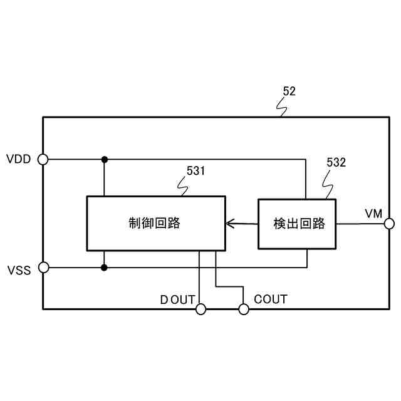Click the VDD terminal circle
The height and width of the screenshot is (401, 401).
tap(43, 159)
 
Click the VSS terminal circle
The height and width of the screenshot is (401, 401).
tap(43, 268)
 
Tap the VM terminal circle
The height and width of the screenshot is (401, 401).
tap(389, 223)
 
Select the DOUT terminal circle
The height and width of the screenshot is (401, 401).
tap(201, 309)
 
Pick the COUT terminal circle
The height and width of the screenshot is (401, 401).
tap(244, 309)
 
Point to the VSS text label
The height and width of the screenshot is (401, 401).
tap(19, 271)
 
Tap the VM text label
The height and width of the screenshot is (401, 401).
tap(373, 213)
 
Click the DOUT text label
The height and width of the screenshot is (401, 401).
tap(177, 299)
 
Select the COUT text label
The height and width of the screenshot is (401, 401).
tap(271, 299)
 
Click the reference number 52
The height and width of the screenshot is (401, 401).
tap(289, 91)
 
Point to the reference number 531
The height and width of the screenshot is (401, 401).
tap(195, 170)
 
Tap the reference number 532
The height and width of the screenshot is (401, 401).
tap(336, 163)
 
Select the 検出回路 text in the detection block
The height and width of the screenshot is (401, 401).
tap(299, 224)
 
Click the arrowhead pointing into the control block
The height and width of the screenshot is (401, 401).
tap(230, 223)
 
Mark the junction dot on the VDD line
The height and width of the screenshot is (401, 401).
tap(105, 159)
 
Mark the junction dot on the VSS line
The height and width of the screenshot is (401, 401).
tap(104, 268)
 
